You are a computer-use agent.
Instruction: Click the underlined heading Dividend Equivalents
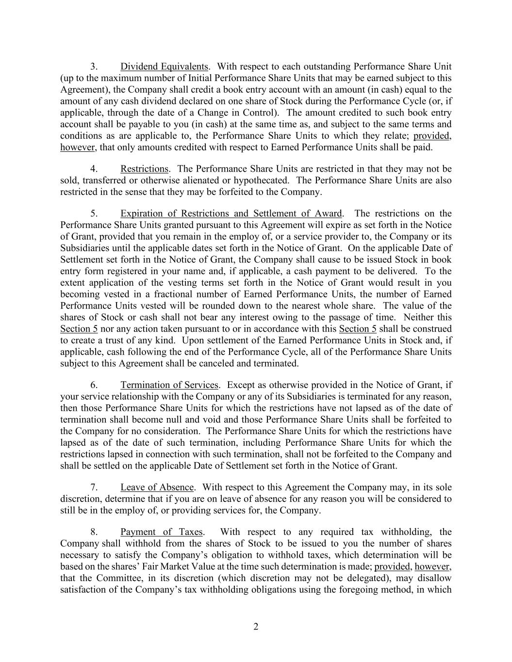click(x=165, y=66)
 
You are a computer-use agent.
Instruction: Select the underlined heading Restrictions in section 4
click(x=144, y=169)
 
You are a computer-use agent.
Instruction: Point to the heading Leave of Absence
click(x=157, y=487)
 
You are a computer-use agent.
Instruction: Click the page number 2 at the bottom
click(x=256, y=627)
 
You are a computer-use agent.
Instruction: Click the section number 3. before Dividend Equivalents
click(x=94, y=66)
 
